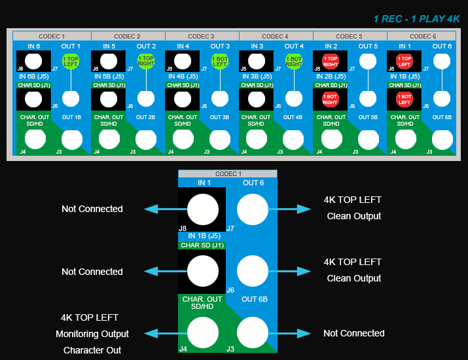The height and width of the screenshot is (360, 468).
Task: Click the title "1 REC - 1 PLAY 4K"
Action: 417,19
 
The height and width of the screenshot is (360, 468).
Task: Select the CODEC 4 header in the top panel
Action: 276,36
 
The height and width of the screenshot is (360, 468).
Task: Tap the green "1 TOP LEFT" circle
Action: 71,62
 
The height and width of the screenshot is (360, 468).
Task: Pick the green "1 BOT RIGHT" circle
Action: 294,62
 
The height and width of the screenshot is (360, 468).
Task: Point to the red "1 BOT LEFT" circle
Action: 404,99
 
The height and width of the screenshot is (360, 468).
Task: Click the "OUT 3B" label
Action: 220,117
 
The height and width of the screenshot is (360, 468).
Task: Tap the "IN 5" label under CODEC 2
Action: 109,46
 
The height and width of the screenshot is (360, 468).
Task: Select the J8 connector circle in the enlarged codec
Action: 203,210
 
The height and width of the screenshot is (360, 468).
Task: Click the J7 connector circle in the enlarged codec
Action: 252,210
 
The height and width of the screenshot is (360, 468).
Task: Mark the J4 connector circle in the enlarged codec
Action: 203,333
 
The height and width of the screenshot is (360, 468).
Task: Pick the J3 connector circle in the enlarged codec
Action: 252,333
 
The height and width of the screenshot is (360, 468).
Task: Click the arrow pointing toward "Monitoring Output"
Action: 159,333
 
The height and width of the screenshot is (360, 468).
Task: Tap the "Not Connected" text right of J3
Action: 353,333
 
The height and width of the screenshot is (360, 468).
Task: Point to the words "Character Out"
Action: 92,350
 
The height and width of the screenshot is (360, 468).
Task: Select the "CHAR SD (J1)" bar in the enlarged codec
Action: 202,245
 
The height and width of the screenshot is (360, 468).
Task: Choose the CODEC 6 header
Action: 423,36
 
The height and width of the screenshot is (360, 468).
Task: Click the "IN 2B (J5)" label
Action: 331,77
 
